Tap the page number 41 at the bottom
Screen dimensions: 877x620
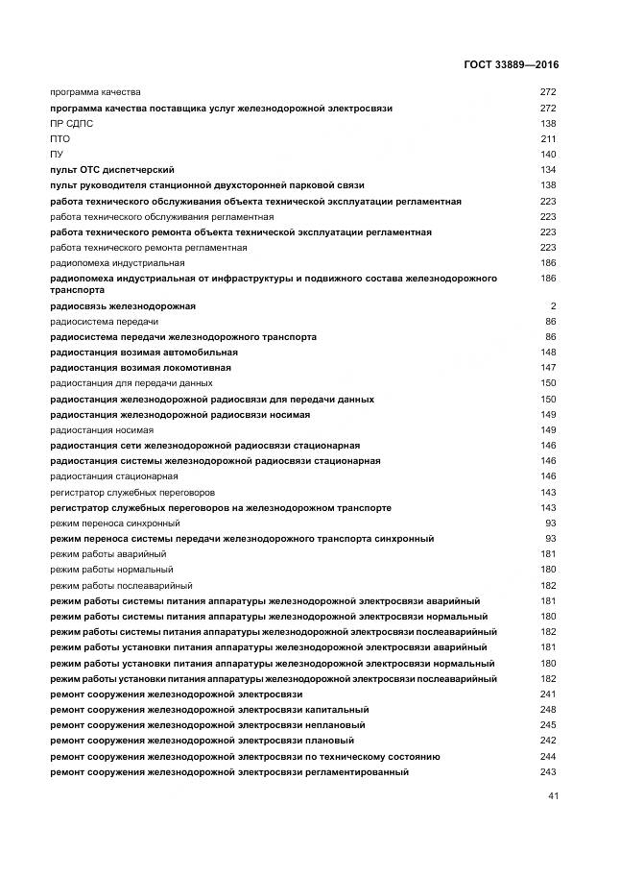553,796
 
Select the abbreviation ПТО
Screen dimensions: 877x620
60,139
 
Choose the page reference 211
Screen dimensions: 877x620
548,139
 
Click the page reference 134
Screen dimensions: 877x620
548,170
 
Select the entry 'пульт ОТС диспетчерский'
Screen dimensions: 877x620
111,170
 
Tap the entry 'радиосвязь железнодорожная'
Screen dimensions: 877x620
122,306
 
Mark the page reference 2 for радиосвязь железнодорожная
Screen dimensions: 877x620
554,306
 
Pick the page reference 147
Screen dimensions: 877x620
548,368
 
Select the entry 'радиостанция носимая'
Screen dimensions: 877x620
101,430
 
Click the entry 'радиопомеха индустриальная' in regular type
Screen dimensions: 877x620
117,263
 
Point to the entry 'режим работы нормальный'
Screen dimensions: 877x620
111,570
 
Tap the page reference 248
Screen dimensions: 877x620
548,710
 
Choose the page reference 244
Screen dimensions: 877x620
548,757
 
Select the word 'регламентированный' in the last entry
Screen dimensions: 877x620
356,772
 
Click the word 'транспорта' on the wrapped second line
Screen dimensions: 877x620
76,289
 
